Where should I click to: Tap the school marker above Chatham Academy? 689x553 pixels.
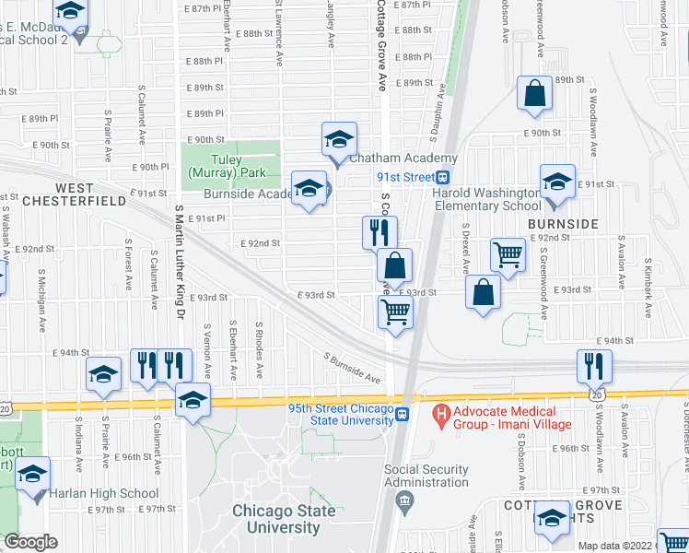pos(339,139)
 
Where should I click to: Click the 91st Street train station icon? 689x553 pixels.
pos(443,178)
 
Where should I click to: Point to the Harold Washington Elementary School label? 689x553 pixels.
pos(488,199)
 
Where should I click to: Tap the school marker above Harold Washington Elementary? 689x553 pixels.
pos(557,182)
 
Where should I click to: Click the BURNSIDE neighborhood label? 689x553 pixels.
pos(563,224)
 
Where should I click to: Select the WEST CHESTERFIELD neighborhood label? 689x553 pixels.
pos(74,200)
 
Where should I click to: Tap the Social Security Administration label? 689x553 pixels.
pos(426,476)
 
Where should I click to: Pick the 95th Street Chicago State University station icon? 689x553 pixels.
pos(403,416)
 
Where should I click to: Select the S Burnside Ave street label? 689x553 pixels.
pos(352,367)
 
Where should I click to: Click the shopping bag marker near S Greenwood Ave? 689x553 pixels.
pos(534,93)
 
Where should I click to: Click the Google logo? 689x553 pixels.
pos(30,543)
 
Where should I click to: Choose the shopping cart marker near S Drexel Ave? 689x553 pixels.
pos(508,253)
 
